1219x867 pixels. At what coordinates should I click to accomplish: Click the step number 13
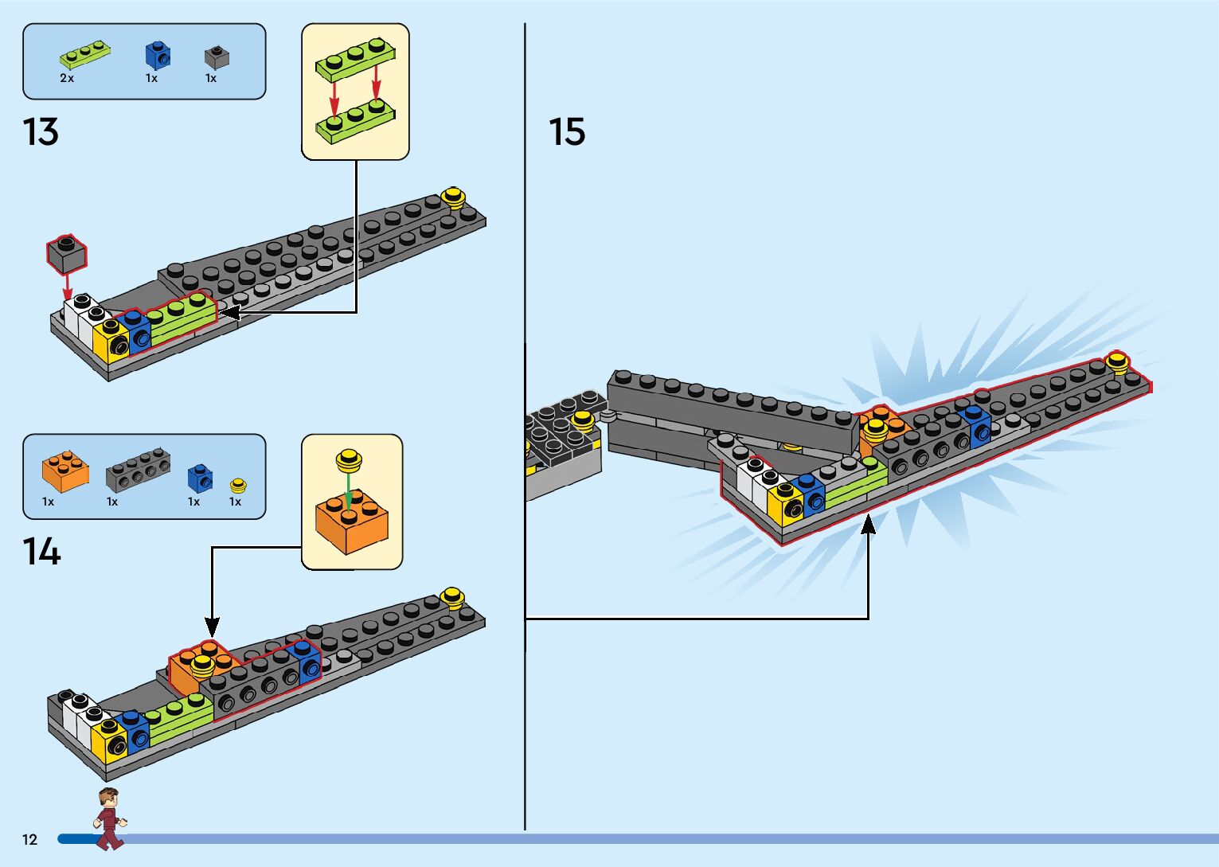[41, 132]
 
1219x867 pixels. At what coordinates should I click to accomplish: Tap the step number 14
[41, 552]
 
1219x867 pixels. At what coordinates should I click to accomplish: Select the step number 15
[567, 132]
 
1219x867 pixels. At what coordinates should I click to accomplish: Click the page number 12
[29, 839]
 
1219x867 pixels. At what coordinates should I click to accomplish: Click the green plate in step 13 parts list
[84, 53]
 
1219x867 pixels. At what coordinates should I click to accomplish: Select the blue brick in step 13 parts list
[158, 55]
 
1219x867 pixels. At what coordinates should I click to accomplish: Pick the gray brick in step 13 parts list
[217, 57]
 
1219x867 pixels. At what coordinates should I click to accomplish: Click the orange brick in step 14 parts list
[64, 471]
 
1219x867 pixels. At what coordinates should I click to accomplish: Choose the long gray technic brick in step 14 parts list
[138, 470]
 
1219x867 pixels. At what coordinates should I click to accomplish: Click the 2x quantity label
[67, 79]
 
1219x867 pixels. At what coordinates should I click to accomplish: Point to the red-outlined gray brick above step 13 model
[67, 253]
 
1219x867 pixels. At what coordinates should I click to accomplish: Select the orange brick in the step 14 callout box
[351, 521]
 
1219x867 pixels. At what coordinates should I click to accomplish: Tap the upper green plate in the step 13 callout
[356, 59]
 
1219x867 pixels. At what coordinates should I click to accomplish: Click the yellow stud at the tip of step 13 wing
[453, 197]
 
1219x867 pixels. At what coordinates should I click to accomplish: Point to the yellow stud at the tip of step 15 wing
[1117, 363]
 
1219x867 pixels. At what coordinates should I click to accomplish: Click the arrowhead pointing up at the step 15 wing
[868, 524]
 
